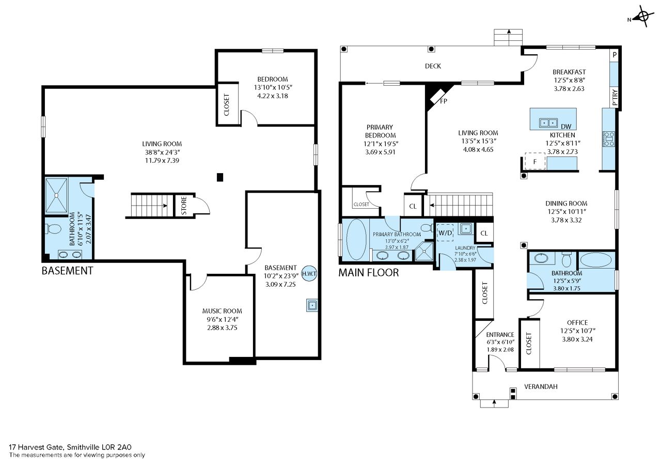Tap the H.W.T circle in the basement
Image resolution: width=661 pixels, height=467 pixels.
[309, 274]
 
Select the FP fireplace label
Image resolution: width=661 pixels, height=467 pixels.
[444, 101]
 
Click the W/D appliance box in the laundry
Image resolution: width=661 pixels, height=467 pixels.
[445, 233]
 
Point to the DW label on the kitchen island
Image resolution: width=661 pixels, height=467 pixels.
[566, 127]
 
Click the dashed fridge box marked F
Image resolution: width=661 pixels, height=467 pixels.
[534, 162]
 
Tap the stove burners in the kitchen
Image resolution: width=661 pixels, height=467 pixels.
[609, 139]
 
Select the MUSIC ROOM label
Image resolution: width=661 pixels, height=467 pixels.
[222, 311]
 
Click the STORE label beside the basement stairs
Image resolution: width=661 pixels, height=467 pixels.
[184, 206]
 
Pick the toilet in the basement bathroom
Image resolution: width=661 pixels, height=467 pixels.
[53, 229]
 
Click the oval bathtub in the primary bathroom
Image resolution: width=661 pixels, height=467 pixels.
[356, 239]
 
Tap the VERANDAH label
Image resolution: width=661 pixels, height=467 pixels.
[541, 386]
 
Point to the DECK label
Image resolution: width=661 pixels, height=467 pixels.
[433, 66]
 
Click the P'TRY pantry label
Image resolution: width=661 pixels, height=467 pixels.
[615, 98]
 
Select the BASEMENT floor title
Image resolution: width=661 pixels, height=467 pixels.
[67, 271]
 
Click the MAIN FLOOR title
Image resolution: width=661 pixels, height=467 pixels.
[369, 272]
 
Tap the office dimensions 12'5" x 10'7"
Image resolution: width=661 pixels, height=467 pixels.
[578, 331]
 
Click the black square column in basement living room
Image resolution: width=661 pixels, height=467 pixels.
[220, 177]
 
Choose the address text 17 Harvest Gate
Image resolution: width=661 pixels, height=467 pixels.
[36, 447]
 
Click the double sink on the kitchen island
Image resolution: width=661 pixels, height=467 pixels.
[548, 122]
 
